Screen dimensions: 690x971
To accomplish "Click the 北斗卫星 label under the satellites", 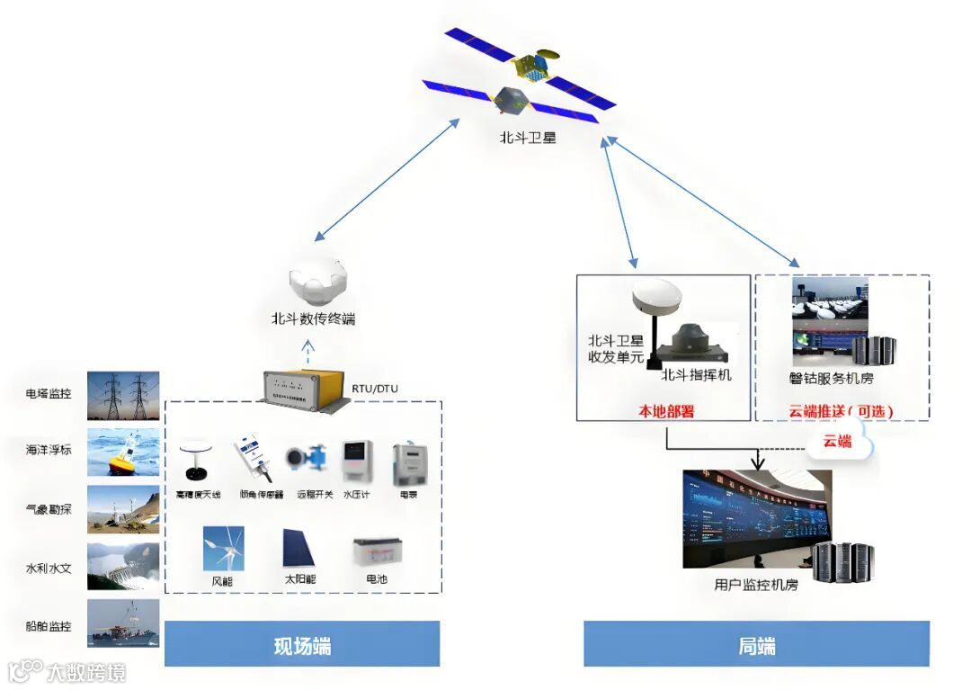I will point(529,138).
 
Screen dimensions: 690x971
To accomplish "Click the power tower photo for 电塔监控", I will point(123,396).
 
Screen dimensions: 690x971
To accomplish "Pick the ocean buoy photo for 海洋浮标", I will point(123,452).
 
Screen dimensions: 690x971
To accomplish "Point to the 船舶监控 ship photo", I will point(123,623).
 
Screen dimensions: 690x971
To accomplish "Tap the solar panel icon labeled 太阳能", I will point(298,548).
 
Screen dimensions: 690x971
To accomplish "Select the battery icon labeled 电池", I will point(377,551).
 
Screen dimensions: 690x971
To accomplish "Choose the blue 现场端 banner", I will point(302,644).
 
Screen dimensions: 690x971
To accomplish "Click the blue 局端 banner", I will point(756,644).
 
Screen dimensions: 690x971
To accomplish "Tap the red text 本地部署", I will point(665,411).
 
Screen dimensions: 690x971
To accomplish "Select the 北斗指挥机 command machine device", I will point(698,343).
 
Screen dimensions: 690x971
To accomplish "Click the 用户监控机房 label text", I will point(755,585).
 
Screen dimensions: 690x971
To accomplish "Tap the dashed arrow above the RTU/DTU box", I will point(307,349).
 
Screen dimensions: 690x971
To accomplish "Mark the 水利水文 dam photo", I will point(123,566).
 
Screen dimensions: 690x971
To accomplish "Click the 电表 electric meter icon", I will point(407,462).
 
